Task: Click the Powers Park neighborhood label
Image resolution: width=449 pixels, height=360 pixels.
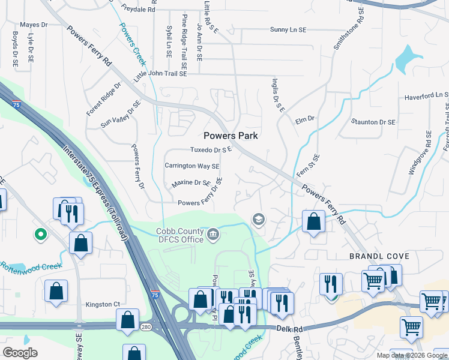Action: coord(231,136)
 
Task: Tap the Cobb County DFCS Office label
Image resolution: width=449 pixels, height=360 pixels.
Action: coord(180,235)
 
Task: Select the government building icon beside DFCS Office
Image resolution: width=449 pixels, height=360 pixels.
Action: coord(213,234)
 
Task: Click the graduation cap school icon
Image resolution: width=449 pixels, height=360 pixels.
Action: coord(259,219)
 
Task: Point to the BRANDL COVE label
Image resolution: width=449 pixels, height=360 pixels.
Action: coord(379,256)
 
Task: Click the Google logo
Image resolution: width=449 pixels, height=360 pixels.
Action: coord(20,352)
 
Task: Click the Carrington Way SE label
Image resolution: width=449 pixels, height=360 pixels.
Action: coord(192,166)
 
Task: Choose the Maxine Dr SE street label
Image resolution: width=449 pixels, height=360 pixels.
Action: coord(191,183)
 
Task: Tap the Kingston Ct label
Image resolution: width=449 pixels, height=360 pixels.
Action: coord(103,304)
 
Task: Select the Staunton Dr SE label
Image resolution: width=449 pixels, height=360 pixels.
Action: coord(373,122)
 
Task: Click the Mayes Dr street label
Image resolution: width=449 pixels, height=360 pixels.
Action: coord(34,25)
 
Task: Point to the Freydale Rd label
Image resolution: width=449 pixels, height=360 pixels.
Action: coord(137,10)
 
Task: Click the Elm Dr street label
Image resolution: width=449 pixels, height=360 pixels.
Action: coord(306,119)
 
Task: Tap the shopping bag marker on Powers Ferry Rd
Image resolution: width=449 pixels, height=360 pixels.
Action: coord(313,221)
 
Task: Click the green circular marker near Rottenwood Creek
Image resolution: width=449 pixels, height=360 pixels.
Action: coord(41,234)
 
